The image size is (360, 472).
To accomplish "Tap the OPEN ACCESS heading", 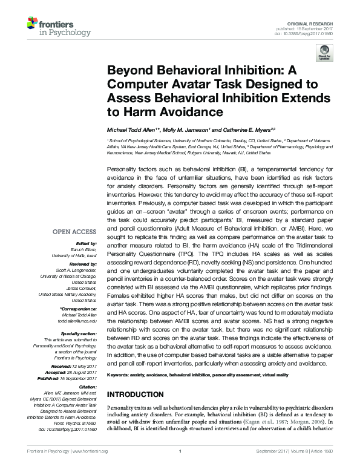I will pos(74,231).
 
